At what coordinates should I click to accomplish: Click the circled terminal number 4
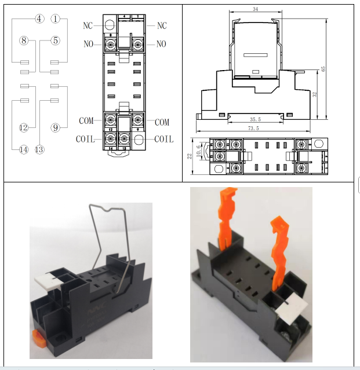point(39,19)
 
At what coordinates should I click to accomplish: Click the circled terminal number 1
point(56,19)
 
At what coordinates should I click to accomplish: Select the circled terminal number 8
point(23,41)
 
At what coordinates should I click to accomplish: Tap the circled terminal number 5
point(56,41)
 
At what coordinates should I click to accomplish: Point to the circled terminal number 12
point(23,127)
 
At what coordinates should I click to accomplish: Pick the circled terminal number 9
point(56,127)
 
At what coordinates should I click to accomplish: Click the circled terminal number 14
point(23,149)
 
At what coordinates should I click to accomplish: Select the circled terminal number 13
point(39,149)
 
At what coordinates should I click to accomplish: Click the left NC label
point(88,25)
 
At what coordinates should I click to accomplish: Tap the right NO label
point(161,44)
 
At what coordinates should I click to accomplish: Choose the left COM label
point(86,121)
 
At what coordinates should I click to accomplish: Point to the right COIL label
point(163,139)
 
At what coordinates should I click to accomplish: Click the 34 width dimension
point(256,9)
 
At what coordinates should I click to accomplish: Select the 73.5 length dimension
point(254,129)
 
